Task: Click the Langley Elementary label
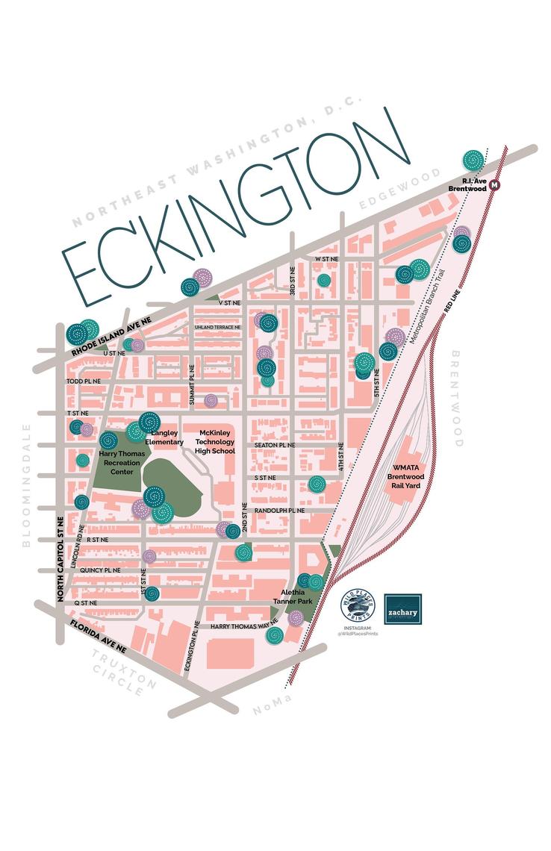tap(168, 437)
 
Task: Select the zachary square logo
tap(402, 609)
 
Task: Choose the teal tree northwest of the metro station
tap(472, 159)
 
